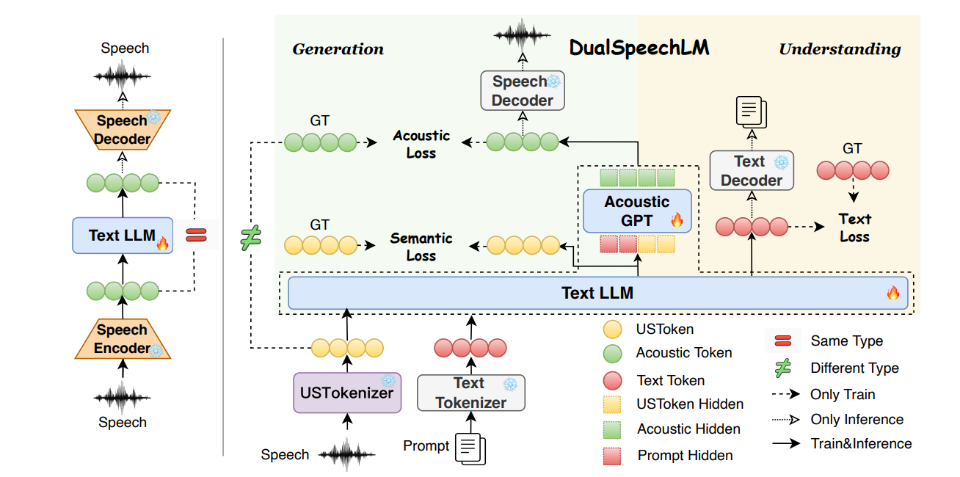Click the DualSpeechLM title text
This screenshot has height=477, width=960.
[639, 48]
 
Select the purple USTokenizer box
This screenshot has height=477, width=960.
[346, 393]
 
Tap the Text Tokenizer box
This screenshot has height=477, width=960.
[471, 393]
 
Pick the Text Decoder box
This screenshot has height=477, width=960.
[752, 171]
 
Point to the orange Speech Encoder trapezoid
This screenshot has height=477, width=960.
[123, 339]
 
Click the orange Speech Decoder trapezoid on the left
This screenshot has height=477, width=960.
[123, 129]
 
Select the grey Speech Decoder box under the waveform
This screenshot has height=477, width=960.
[523, 91]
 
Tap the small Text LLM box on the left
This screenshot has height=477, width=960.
[123, 236]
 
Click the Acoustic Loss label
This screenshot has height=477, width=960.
[421, 145]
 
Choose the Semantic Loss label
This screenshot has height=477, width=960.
[421, 247]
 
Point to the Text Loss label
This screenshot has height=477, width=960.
[854, 227]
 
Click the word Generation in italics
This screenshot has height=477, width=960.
[338, 49]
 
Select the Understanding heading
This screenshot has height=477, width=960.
[840, 49]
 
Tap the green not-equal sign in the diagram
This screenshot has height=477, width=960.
[251, 238]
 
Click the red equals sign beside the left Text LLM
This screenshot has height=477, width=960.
[196, 236]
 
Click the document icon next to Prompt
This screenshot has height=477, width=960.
[470, 447]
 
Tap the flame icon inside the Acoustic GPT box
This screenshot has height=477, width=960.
[676, 219]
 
